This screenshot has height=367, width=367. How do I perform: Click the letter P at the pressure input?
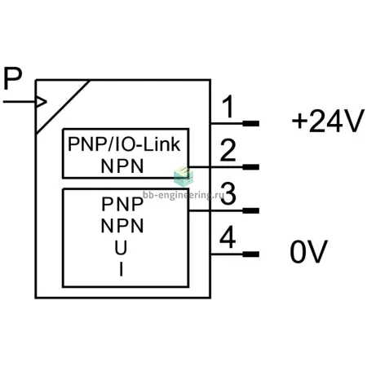tap(13, 78)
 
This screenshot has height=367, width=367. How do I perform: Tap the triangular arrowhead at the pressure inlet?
tap(42, 102)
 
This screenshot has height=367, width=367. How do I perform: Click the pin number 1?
tap(228, 107)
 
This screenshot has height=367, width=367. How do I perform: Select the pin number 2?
tap(228, 150)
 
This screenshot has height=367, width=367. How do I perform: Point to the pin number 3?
tap(228, 194)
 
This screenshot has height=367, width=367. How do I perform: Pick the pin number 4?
tap(228, 237)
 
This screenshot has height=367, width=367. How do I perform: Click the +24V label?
tap(328, 122)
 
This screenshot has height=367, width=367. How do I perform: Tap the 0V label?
tap(309, 252)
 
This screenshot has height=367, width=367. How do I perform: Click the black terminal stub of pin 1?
tap(250, 124)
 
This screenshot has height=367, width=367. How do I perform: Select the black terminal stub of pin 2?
tap(250, 167)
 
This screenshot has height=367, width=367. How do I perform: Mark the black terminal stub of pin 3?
tap(250, 210)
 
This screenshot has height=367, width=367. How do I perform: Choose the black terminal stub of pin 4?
tap(250, 254)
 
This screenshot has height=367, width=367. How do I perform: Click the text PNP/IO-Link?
tap(124, 144)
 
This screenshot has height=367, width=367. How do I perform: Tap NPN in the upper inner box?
tap(122, 166)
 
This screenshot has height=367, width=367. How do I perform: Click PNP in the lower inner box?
tap(122, 204)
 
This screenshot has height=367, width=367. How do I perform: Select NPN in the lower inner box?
tap(122, 226)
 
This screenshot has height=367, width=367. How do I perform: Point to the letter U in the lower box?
tap(121, 248)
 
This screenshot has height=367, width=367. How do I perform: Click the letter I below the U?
tap(122, 270)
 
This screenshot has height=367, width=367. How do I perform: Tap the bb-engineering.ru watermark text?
tap(183, 195)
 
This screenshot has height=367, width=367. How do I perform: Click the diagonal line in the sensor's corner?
tap(63, 107)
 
